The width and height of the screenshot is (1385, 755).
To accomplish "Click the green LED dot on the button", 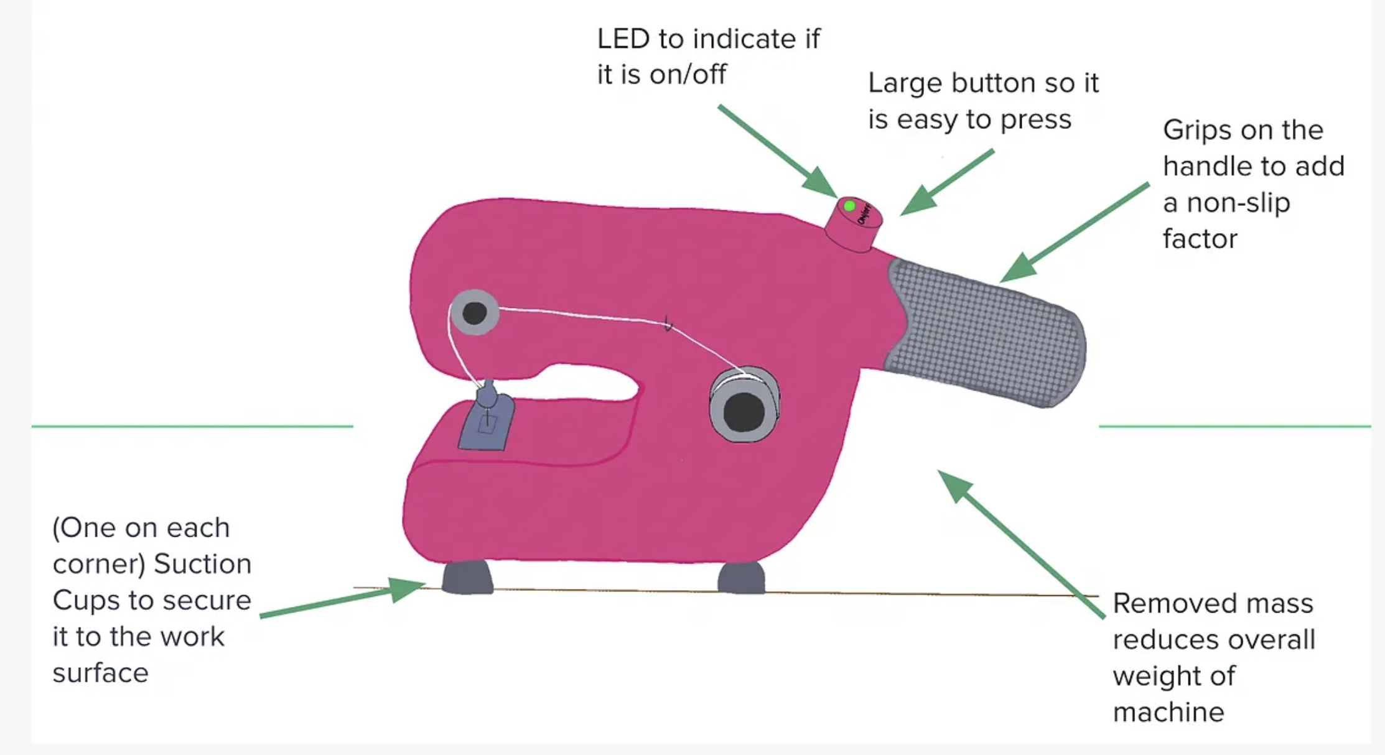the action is point(849,206).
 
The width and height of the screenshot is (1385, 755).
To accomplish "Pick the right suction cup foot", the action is point(741,578).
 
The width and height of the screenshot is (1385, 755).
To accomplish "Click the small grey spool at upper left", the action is point(474,312).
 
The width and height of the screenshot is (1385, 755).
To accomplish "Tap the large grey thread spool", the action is point(744,405).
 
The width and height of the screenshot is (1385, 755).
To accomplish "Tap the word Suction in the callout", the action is point(202,564).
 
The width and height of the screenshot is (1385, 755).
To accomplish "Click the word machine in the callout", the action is point(1168,712).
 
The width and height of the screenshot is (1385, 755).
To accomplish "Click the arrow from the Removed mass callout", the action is point(1020,544).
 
